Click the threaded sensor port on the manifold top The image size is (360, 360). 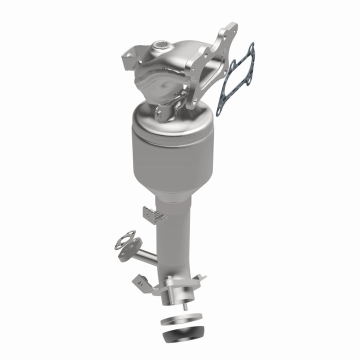tap(162, 46)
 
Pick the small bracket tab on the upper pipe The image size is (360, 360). tap(153, 214)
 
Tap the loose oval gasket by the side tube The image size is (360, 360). tap(124, 239)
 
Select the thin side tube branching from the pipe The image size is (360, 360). tap(146, 256)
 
